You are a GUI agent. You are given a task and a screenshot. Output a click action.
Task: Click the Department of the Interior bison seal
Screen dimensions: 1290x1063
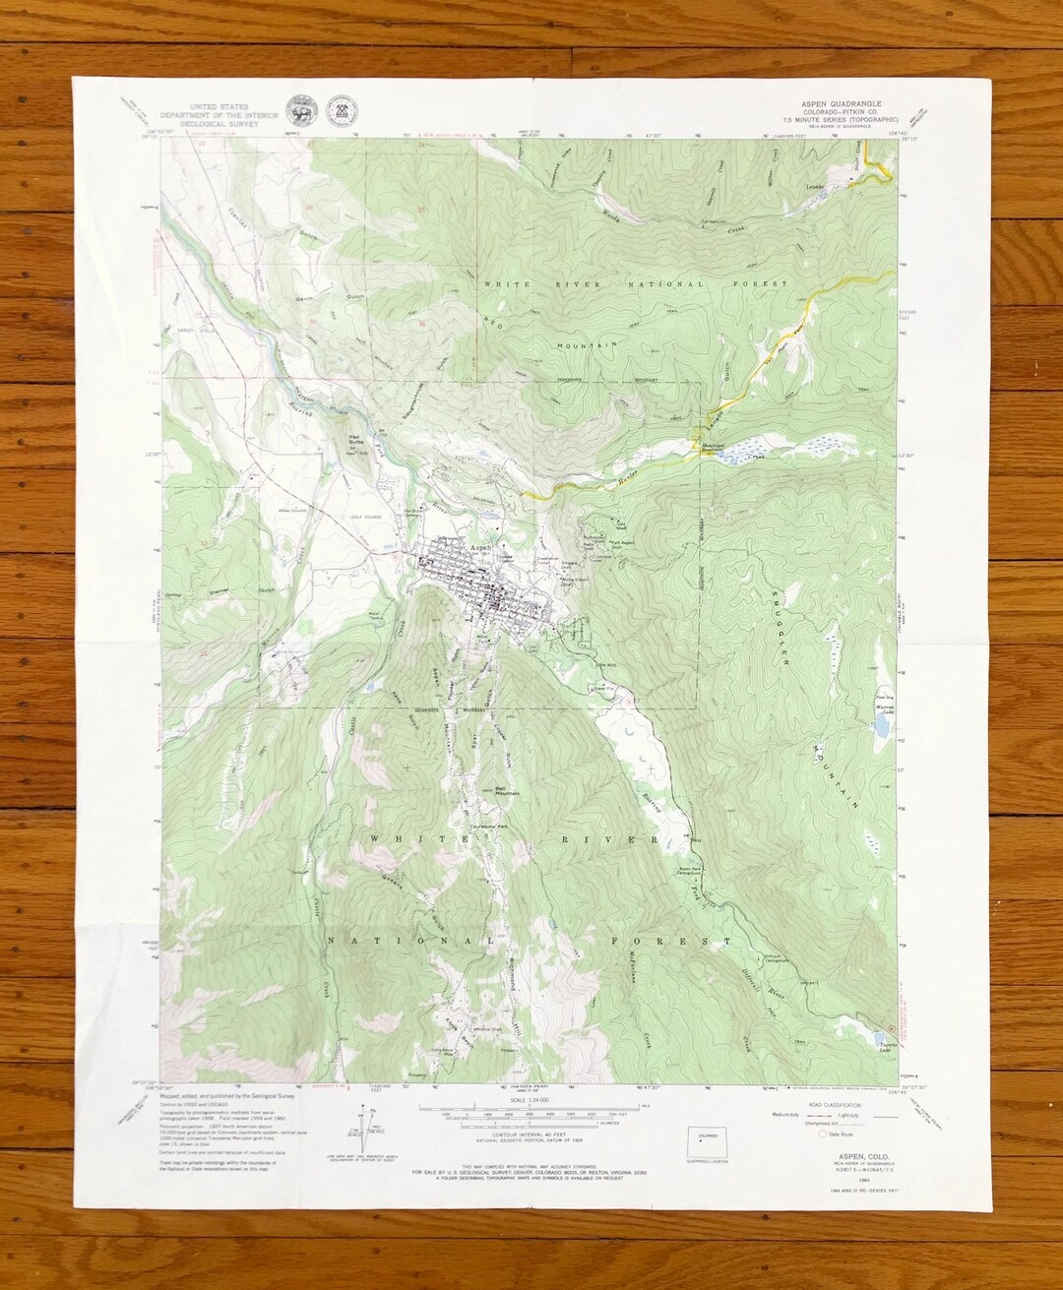(x=296, y=110)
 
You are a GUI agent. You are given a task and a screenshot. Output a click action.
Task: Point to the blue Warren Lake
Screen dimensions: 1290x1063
(x=883, y=726)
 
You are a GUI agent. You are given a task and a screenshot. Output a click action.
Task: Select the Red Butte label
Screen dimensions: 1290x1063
(x=355, y=440)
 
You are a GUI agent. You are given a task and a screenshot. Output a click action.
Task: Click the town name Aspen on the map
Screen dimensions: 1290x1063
(x=480, y=547)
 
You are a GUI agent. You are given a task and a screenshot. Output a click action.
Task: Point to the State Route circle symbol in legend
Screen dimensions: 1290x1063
(x=810, y=1134)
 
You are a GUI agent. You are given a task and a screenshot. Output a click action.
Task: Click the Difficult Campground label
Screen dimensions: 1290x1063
(x=775, y=959)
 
